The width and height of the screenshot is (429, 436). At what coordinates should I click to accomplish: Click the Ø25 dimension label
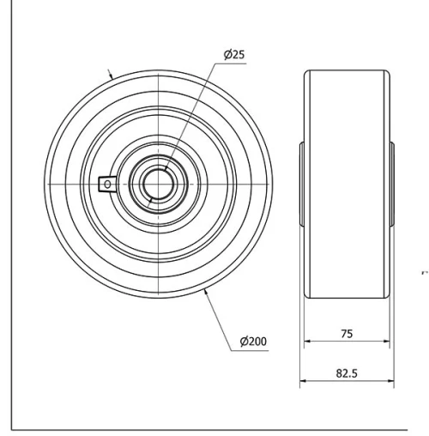234,55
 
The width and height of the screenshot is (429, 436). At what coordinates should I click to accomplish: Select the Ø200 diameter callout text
254,342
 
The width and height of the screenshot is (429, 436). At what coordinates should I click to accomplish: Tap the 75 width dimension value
347,333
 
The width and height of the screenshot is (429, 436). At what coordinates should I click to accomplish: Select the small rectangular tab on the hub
107,182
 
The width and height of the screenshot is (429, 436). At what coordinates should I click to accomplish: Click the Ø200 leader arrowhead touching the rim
208,294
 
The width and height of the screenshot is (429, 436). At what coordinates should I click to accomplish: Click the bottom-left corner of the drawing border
12,424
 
